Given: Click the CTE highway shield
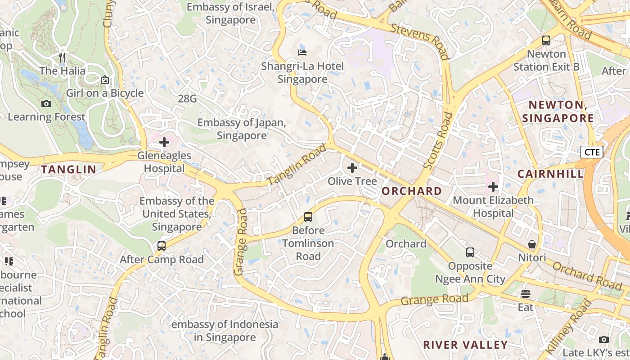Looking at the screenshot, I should tap(591, 152).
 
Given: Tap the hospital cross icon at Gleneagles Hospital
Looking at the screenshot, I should tap(164, 143).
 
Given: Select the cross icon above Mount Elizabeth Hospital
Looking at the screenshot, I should tap(493, 186).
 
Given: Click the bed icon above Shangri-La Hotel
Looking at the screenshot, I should tap(302, 53).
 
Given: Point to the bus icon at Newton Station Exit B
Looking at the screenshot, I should tap(546, 40).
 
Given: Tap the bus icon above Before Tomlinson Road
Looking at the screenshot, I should tap(308, 217).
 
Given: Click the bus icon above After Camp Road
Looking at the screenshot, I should tap(161, 246).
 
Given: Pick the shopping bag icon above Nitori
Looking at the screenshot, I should tap(532, 244).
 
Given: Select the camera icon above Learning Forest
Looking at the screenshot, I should tap(46, 104).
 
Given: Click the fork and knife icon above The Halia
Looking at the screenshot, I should tap(62, 58).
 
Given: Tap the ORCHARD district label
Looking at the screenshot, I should tap(412, 191).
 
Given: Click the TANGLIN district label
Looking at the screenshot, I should tap(69, 170).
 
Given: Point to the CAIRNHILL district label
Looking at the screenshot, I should tap(550, 174).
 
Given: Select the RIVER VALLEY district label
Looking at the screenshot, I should tap(465, 345).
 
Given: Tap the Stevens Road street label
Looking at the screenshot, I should tap(420, 41).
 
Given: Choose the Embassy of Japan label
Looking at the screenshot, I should tap(242, 129).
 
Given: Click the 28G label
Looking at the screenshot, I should tap(187, 99).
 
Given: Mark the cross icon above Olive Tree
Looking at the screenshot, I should tap(352, 168).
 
